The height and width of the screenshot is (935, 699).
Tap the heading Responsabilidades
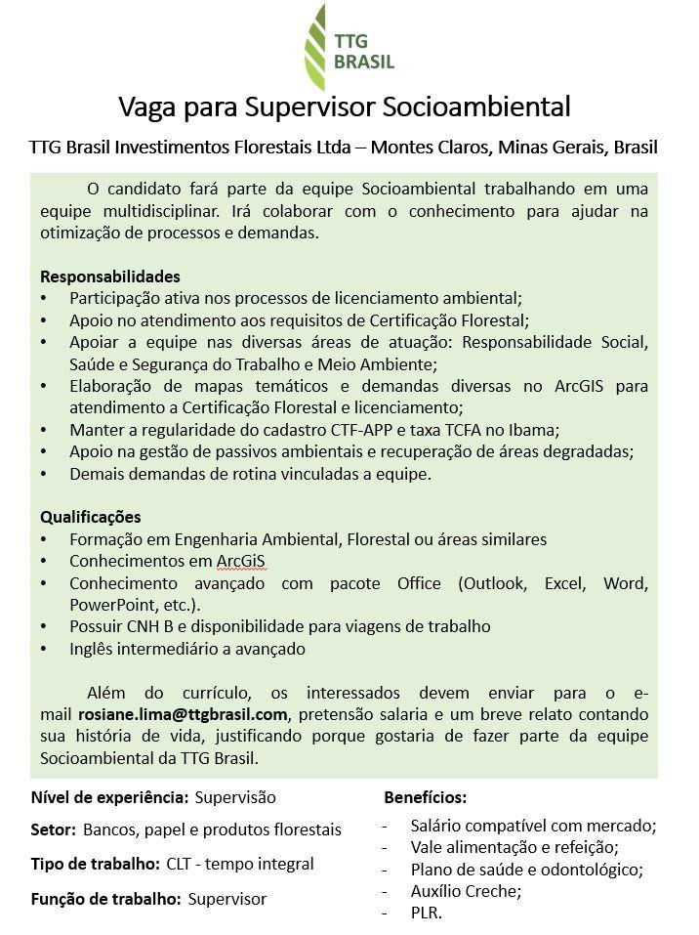(x=110, y=276)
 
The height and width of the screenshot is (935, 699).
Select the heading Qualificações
(x=91, y=517)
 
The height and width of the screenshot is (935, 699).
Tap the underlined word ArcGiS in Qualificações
(x=241, y=561)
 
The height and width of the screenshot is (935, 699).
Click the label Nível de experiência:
(x=110, y=797)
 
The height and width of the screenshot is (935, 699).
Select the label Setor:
(x=54, y=830)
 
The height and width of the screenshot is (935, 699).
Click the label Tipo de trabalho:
(x=96, y=865)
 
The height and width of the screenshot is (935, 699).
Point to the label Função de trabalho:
(x=106, y=899)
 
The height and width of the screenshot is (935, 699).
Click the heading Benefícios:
(x=426, y=797)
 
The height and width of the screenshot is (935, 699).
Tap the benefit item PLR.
(x=427, y=914)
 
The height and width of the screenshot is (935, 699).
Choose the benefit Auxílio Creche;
(x=467, y=891)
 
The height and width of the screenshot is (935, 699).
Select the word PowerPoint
(x=106, y=605)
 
